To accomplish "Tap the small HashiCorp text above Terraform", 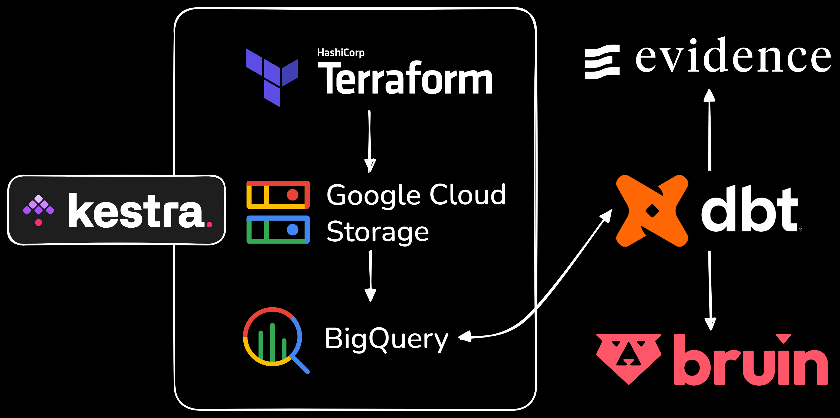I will pos(341,52).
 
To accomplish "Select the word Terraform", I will pos(405,79).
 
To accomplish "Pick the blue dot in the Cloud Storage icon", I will pos(293,230).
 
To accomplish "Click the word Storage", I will pos(378,232).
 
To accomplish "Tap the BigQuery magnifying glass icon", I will pos(276,339).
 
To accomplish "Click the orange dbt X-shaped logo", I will pos(652,211).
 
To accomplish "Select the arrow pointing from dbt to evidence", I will pos(710,130).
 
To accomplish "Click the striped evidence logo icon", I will pos(602,62).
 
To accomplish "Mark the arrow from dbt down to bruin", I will pos(710,290).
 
